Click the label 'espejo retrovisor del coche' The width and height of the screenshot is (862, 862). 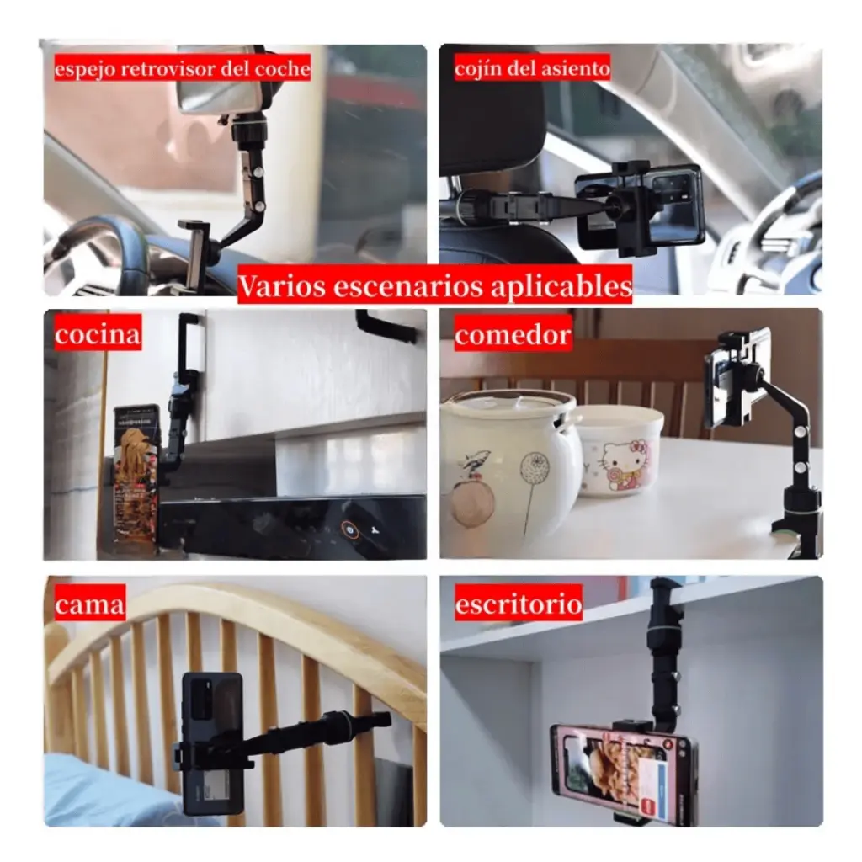pyautogui.click(x=183, y=68)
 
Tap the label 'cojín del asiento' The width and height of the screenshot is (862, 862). pyautogui.click(x=532, y=68)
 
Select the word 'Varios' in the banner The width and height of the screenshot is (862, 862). pyautogui.click(x=281, y=285)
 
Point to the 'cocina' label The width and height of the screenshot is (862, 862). pyautogui.click(x=98, y=333)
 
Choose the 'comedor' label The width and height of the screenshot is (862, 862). pyautogui.click(x=513, y=333)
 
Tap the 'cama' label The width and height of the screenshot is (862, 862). pyautogui.click(x=89, y=603)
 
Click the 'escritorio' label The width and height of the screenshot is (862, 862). pyautogui.click(x=519, y=603)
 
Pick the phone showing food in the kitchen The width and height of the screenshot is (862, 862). pyautogui.click(x=136, y=473)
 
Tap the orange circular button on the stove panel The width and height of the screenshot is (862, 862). pyautogui.click(x=349, y=529)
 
